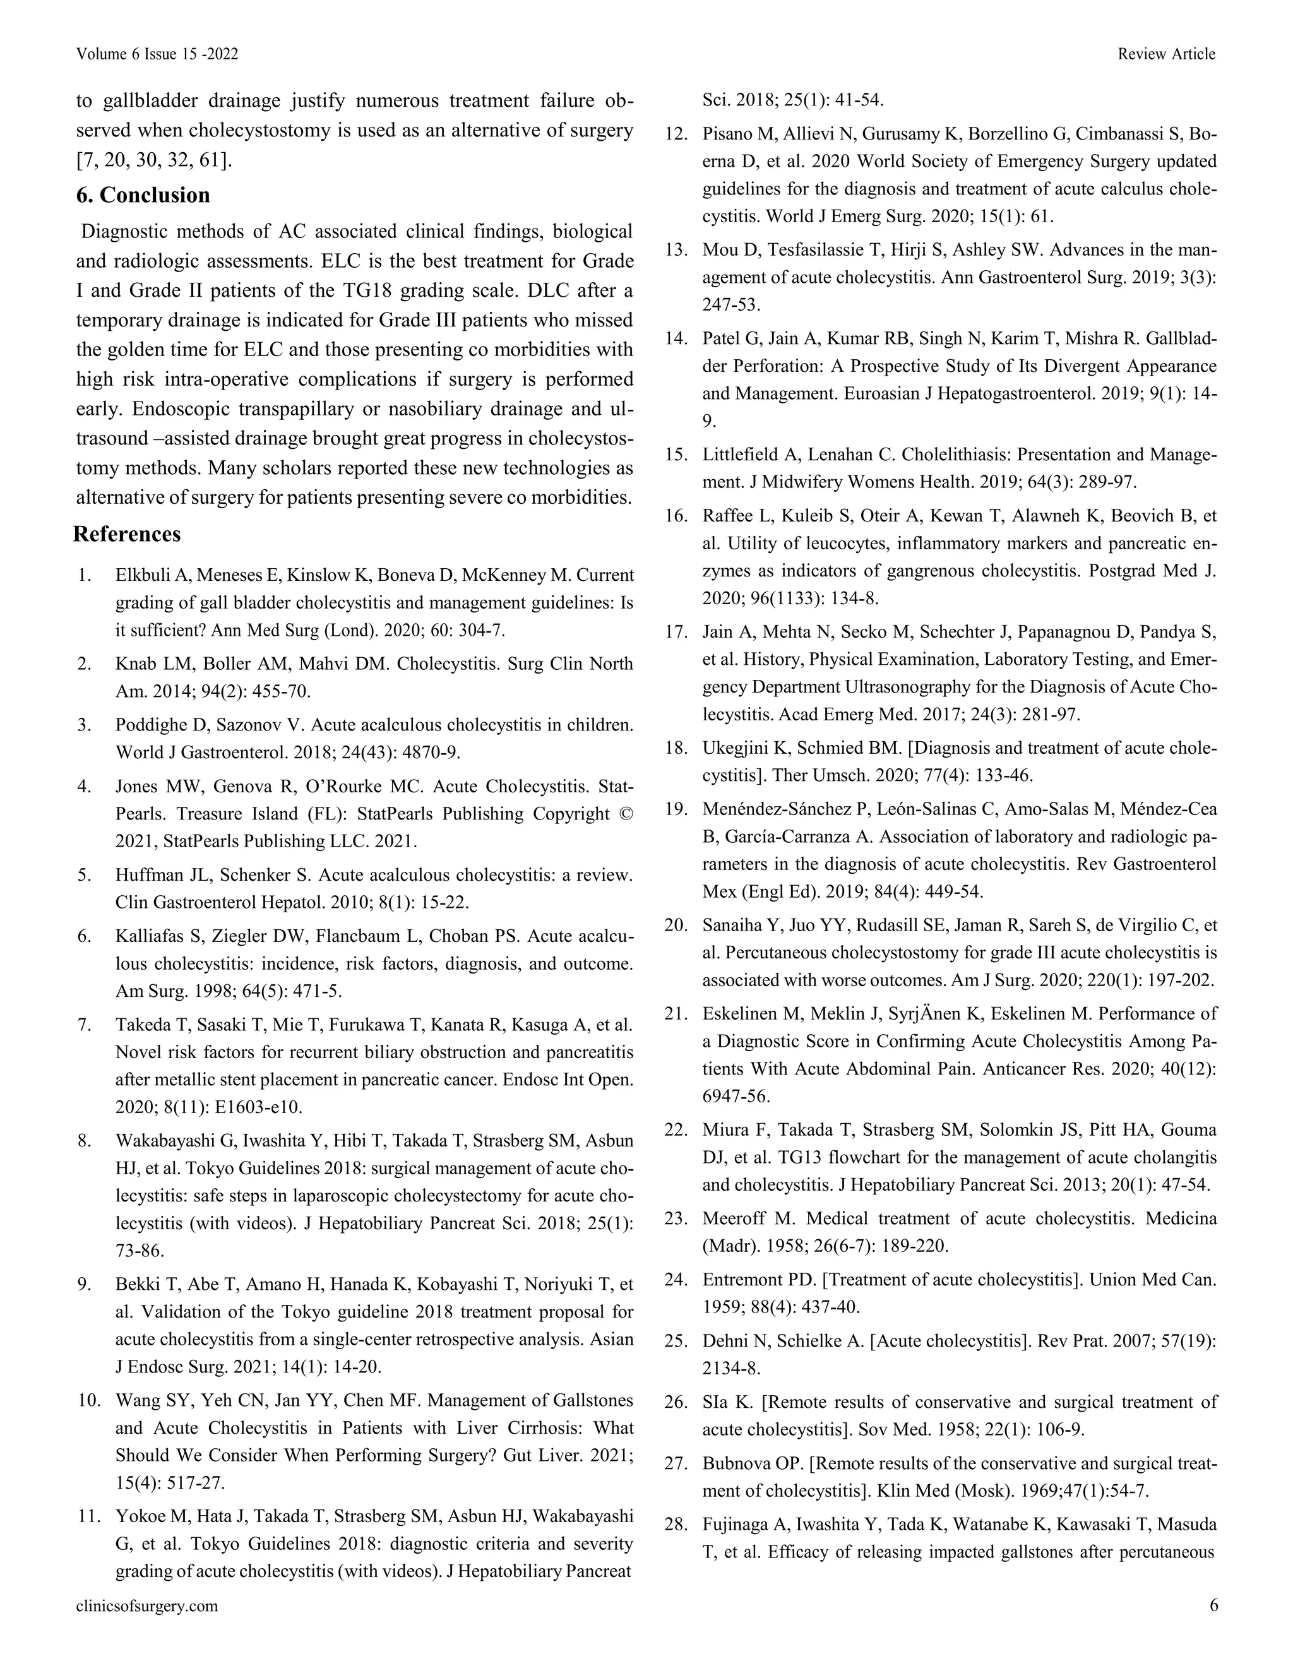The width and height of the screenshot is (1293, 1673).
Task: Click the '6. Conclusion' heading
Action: click(143, 195)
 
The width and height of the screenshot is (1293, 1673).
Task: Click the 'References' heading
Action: click(127, 534)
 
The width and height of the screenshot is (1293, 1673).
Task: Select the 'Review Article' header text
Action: click(1166, 54)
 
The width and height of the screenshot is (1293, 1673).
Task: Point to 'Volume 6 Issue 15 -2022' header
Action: click(157, 54)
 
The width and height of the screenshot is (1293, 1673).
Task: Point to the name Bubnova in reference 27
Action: click(736, 1463)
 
